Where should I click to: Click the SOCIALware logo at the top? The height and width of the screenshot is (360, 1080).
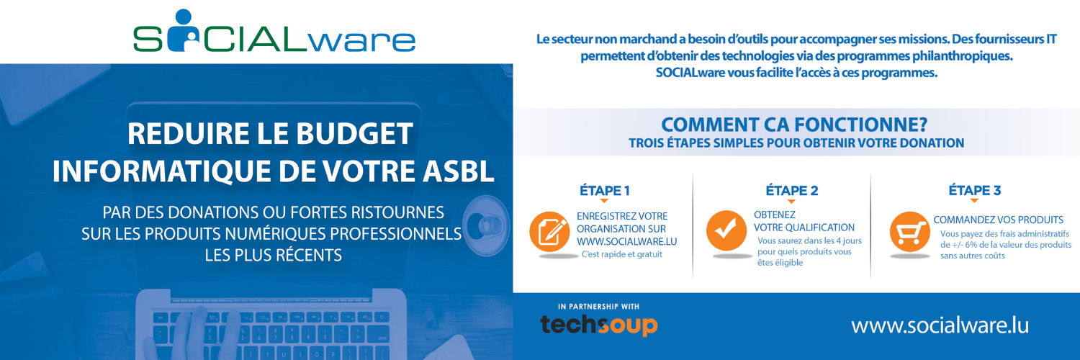click(274, 31)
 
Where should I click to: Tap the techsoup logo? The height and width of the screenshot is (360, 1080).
click(599, 324)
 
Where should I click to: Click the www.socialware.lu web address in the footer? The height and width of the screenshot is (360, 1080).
click(940, 325)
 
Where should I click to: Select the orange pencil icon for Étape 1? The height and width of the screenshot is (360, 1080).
click(549, 231)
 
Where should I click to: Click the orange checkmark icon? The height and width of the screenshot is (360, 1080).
click(726, 230)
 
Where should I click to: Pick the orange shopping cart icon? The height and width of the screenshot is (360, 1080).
click(910, 231)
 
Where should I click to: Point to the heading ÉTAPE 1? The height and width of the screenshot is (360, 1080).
click(605, 190)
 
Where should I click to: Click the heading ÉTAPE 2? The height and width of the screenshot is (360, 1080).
click(792, 190)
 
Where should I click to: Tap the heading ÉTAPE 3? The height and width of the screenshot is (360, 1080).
click(974, 190)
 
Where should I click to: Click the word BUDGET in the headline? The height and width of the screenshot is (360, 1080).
click(354, 133)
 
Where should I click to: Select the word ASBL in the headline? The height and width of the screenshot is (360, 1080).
click(459, 171)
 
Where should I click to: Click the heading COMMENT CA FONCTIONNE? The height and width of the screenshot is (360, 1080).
click(794, 125)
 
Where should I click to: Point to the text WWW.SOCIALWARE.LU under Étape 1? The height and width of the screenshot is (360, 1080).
click(627, 241)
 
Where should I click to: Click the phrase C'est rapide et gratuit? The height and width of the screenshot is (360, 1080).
click(621, 254)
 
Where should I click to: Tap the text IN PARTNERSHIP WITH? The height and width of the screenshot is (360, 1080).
click(598, 307)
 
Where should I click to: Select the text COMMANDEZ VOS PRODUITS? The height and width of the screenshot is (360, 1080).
click(998, 220)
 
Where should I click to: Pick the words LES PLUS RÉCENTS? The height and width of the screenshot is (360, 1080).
click(274, 254)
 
